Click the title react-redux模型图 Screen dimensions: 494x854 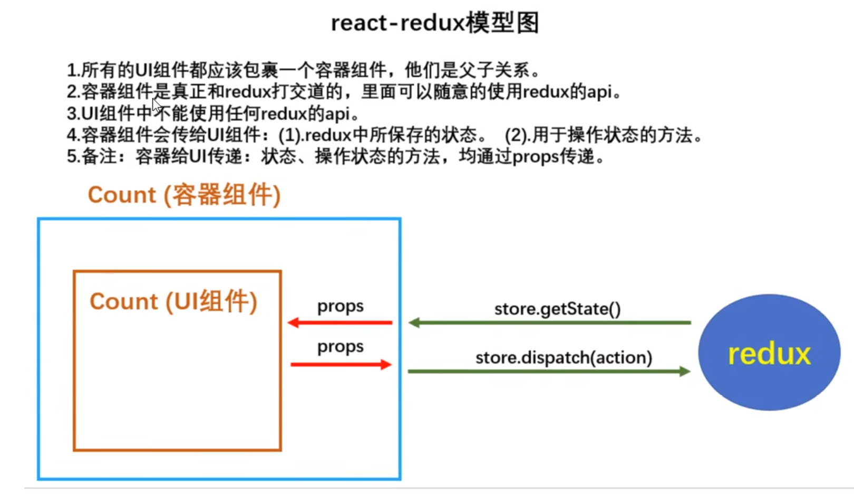[x=434, y=23]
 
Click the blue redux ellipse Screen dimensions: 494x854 [x=769, y=353]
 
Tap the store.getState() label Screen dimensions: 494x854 [x=557, y=309]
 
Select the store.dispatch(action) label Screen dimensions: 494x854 [x=564, y=358]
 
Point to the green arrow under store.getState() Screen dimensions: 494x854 [x=549, y=322]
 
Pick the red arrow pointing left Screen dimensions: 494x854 [x=340, y=322]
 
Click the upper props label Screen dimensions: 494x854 [x=340, y=307]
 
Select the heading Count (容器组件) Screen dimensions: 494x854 [x=184, y=195]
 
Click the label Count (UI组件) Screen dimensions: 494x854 [x=173, y=302]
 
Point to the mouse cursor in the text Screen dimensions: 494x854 [x=156, y=106]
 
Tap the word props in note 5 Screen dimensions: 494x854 [x=535, y=157]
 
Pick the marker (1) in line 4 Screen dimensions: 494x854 [x=290, y=136]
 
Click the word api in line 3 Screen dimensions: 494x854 [x=337, y=114]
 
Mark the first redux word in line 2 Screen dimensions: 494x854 [x=248, y=92]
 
